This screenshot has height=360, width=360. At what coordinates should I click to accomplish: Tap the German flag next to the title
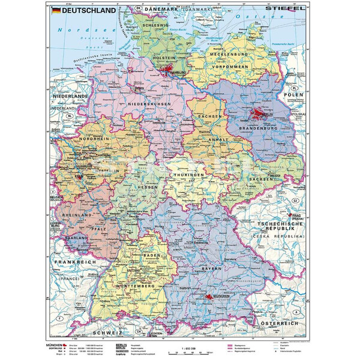pos(55,10)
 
